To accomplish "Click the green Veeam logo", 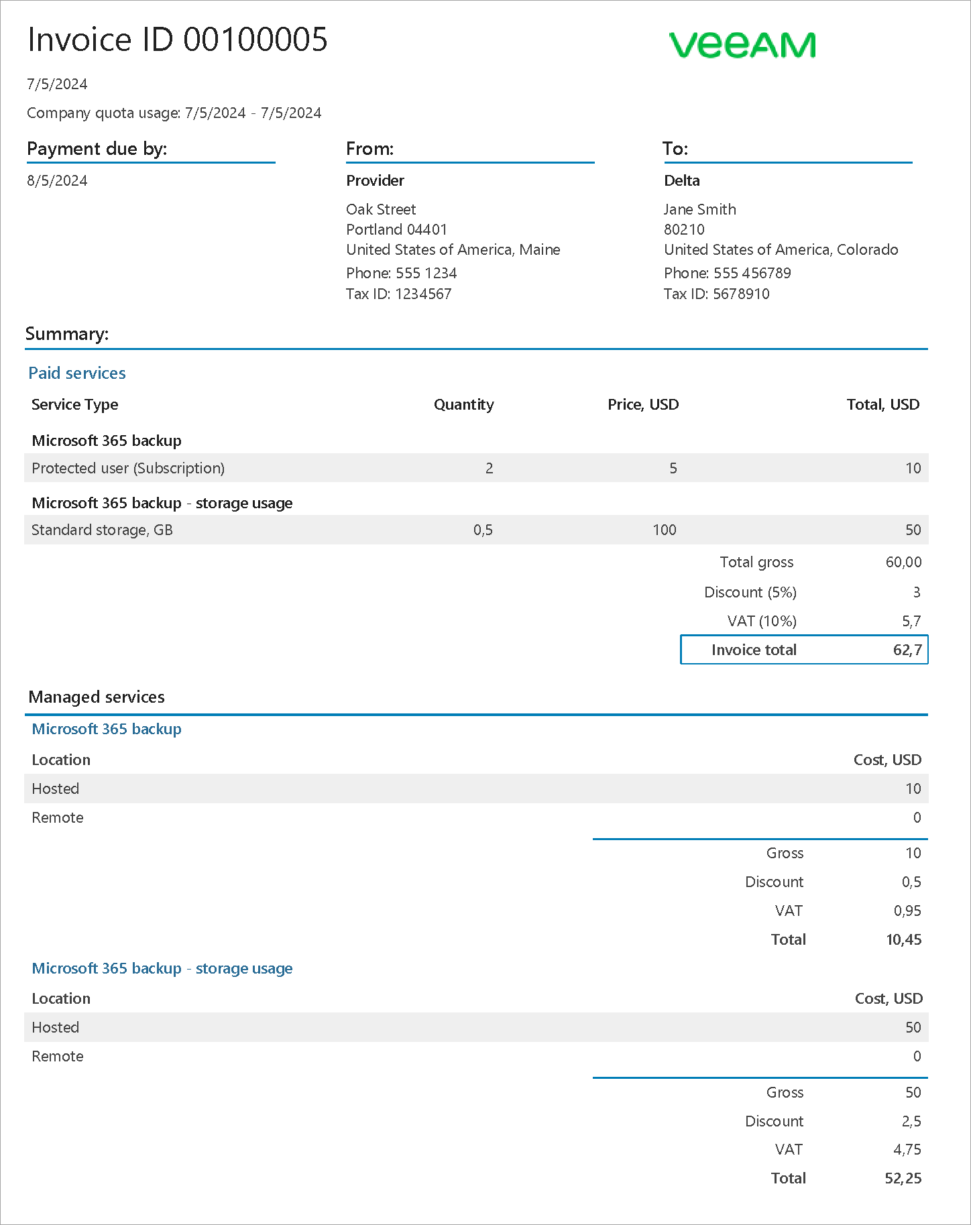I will point(742,45).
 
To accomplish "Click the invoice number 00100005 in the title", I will point(255,40).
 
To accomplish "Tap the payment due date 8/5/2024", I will point(57,180).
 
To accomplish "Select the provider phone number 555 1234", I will point(426,273).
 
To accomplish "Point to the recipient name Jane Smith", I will point(699,209).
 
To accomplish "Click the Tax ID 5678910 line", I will point(716,294).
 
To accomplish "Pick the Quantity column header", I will point(463,404).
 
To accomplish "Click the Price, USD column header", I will point(642,404).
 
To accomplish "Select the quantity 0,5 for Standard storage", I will point(483,530).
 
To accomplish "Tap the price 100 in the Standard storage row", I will point(664,530).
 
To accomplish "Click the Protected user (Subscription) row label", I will point(128,468).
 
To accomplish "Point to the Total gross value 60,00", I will point(903,562).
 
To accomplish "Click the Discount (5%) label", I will point(750,592).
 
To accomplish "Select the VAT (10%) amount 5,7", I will point(911,621).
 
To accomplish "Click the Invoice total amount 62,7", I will point(907,650).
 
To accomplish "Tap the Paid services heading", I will point(77,373).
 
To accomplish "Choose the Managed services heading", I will point(97,697).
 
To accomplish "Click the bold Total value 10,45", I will point(903,939).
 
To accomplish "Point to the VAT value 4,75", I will point(907,1149).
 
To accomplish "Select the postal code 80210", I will point(684,229).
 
